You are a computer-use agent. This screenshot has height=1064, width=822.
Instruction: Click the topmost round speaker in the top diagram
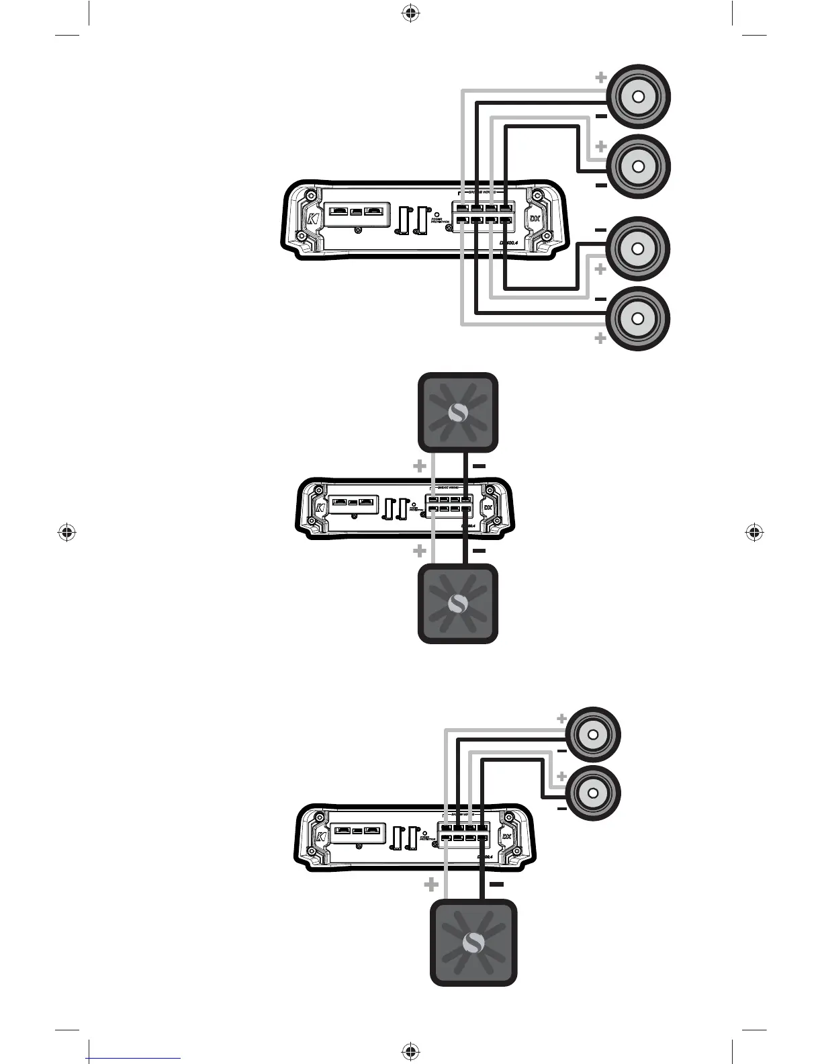tap(638, 97)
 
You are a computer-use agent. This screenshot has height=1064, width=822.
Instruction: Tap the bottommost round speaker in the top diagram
tap(638, 318)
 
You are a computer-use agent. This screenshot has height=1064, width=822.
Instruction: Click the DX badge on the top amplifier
tap(535, 219)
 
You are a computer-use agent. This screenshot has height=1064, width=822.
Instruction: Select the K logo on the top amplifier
tap(312, 220)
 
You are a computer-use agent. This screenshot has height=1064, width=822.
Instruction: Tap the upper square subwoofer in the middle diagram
tap(458, 412)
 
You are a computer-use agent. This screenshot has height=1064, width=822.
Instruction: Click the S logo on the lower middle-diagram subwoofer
tap(458, 603)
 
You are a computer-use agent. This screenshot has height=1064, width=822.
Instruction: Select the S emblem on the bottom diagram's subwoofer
tap(473, 944)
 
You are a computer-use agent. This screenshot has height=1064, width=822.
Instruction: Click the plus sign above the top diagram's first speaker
tap(601, 78)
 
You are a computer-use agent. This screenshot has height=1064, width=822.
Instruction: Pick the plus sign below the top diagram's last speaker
tap(601, 339)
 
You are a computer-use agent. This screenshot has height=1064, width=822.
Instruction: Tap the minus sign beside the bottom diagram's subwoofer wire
tap(497, 885)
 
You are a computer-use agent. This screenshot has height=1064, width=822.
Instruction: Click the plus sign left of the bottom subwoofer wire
tap(431, 885)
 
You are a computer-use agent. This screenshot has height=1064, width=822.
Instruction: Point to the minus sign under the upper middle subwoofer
tap(479, 465)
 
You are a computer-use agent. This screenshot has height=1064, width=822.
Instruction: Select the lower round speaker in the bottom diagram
tap(593, 793)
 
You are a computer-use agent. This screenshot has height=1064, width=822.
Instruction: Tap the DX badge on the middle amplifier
tap(489, 507)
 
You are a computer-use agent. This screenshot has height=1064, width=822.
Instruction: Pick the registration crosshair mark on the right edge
tap(755, 533)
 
